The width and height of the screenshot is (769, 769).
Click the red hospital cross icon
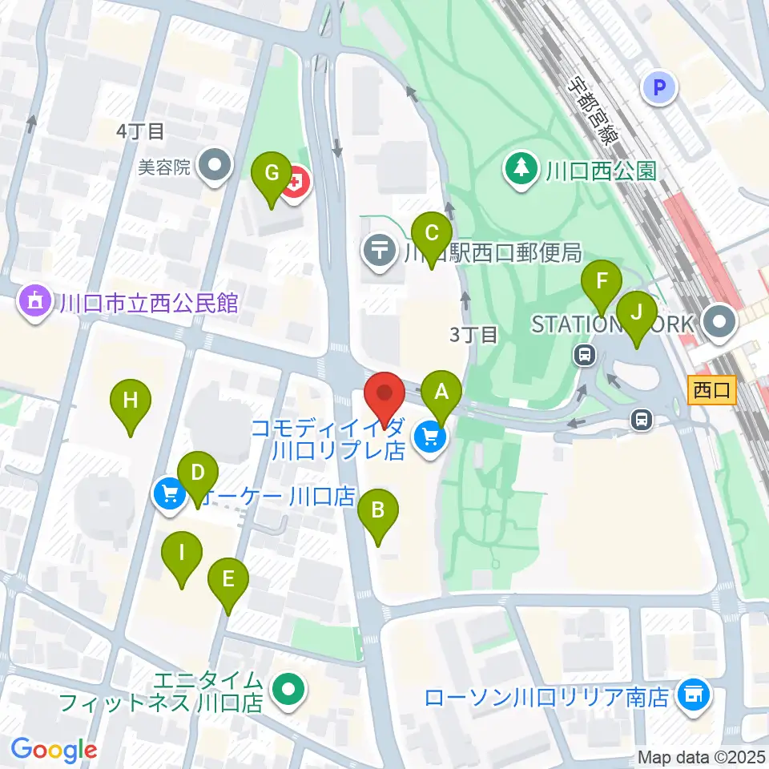pyautogui.click(x=296, y=186)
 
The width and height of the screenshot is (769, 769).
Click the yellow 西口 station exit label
pyautogui.click(x=711, y=391)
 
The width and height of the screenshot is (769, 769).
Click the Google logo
pyautogui.click(x=54, y=750)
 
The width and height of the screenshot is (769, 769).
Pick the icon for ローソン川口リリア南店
pyautogui.click(x=692, y=694)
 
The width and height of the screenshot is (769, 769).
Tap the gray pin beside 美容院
pyautogui.click(x=215, y=167)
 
